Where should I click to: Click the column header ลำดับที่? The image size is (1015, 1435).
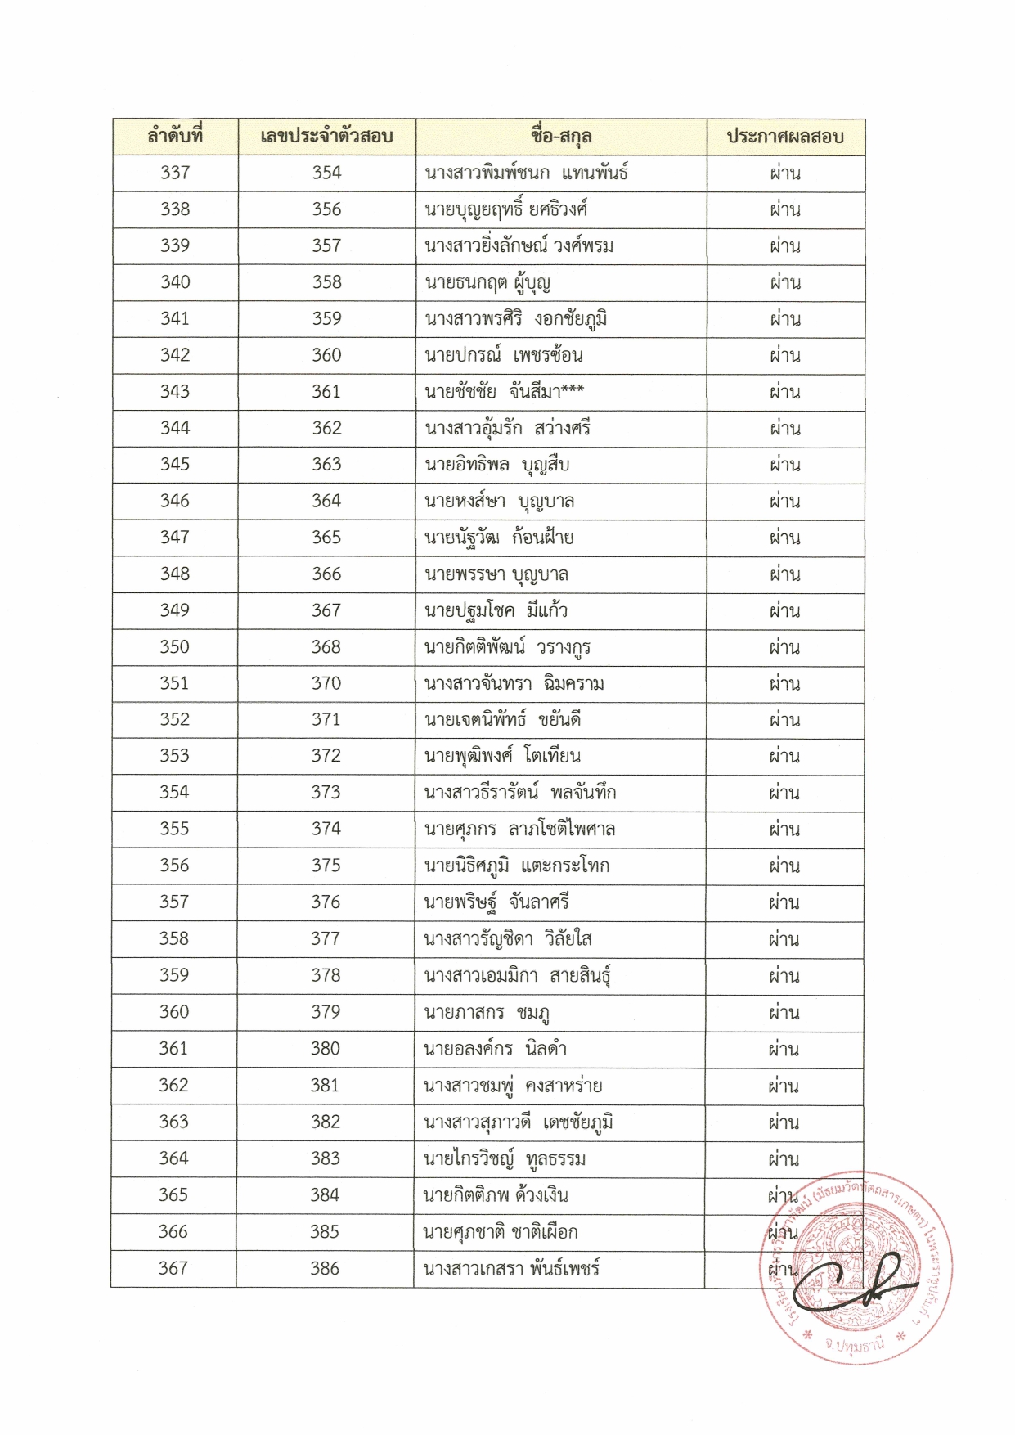tap(175, 136)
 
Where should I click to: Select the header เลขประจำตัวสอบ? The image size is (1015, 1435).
tap(326, 136)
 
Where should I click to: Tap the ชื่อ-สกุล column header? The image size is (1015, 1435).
tap(561, 136)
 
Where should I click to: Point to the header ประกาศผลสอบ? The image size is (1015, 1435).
tap(785, 136)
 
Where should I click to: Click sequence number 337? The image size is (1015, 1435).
tap(175, 173)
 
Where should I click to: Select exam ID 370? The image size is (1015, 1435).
tap(326, 683)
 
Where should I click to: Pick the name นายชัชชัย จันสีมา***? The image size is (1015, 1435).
tap(505, 392)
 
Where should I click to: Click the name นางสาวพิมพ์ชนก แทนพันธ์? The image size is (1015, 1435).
tap(526, 173)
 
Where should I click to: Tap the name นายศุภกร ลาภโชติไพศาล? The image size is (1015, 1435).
tap(519, 830)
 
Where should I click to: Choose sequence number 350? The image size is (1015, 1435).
tap(174, 646)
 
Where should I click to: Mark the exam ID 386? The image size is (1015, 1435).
tap(325, 1268)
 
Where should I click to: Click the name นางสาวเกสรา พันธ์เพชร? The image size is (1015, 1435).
tap(511, 1269)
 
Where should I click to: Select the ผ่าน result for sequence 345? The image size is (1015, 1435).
tap(785, 465)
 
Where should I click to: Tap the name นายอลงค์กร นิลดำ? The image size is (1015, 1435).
tap(495, 1049)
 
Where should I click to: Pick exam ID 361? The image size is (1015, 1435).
tap(326, 392)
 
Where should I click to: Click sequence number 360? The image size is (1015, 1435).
tap(173, 1012)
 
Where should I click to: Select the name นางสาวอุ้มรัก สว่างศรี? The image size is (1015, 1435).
tap(507, 428)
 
